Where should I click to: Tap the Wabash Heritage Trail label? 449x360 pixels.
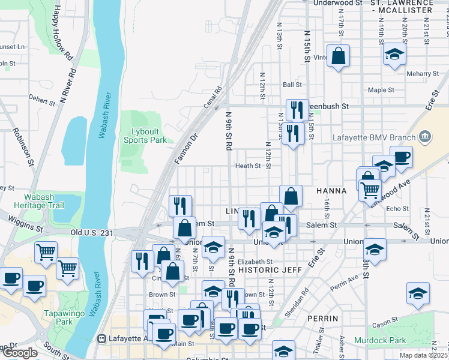(x=43, y=201)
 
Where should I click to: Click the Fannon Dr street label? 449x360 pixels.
(x=186, y=150)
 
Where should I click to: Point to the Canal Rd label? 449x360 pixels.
(x=213, y=97)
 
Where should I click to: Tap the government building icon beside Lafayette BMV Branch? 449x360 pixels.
(x=425, y=137)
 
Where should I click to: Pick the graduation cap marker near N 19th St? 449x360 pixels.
(x=394, y=55)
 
